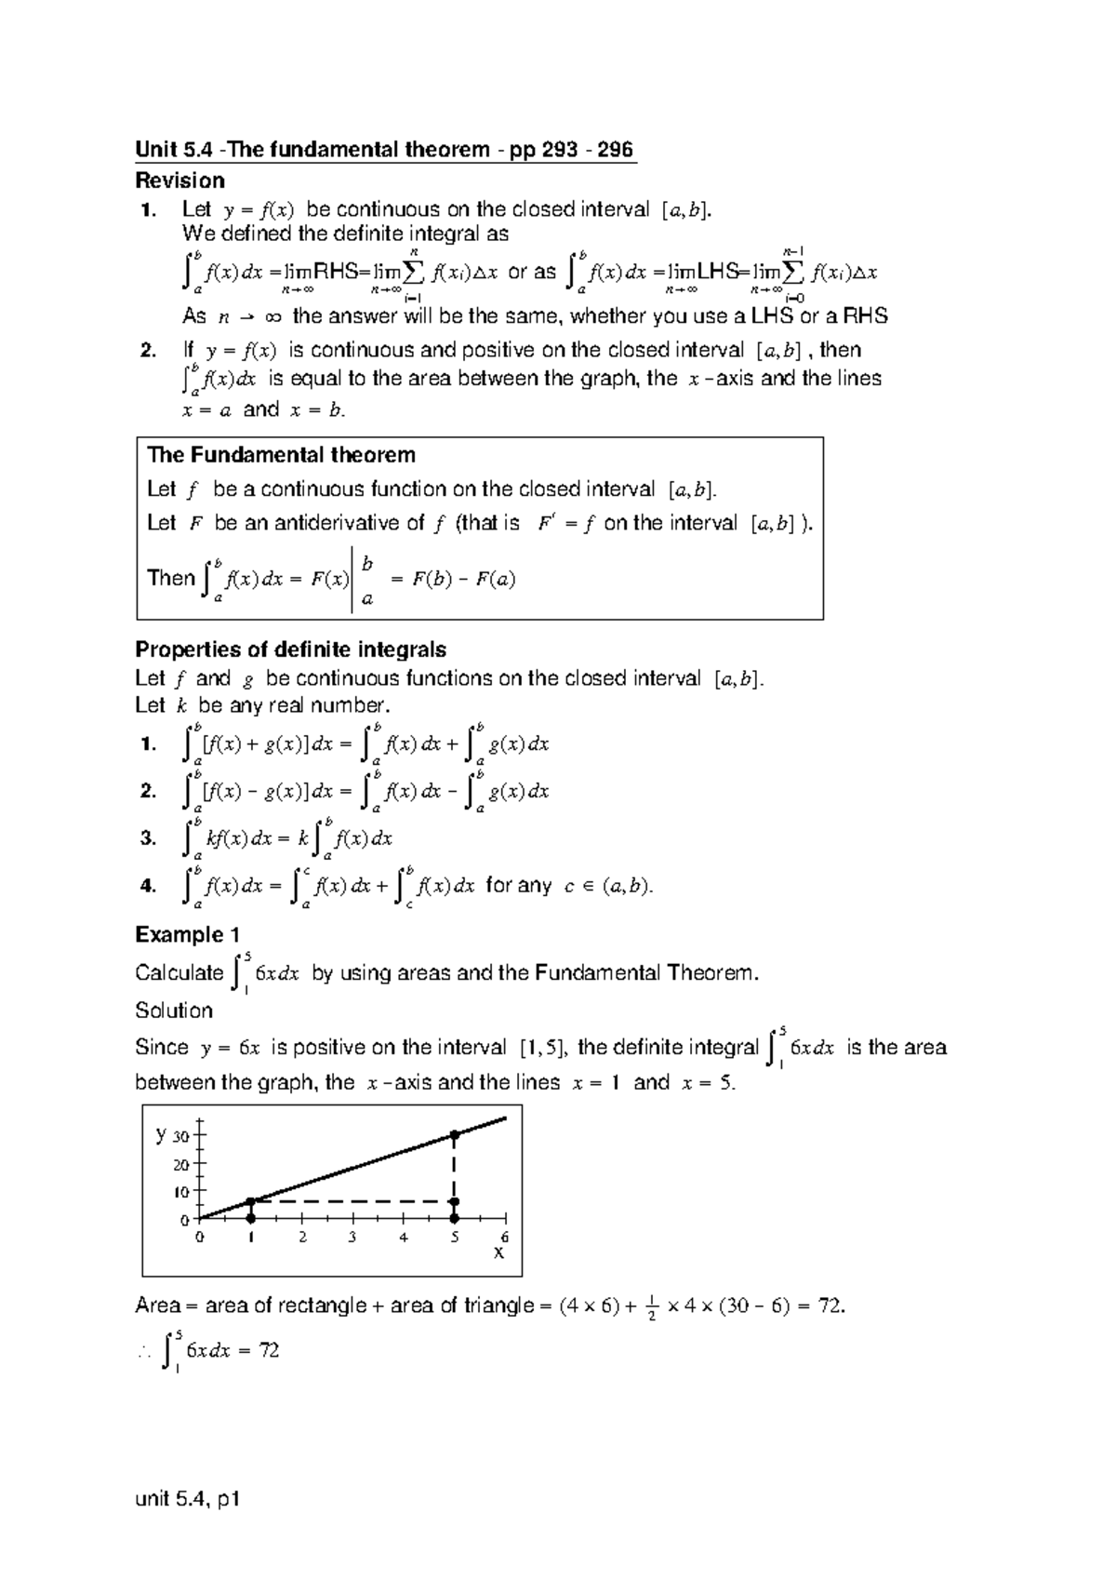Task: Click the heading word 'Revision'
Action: point(179,181)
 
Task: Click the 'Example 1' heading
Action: point(180,934)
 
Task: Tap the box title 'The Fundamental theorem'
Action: point(281,455)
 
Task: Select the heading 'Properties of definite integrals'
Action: point(291,649)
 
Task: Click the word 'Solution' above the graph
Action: point(174,1011)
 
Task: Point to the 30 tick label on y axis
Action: point(180,1136)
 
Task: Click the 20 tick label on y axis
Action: point(180,1164)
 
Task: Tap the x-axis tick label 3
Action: point(352,1238)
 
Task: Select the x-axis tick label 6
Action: point(505,1238)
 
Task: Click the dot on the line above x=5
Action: point(455,1134)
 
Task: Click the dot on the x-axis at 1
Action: point(250,1217)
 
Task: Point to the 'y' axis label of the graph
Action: point(161,1133)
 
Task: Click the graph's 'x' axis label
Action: point(498,1253)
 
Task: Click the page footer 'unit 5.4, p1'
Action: point(188,1499)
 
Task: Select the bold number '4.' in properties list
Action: point(148,886)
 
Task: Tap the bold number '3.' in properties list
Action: point(148,837)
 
